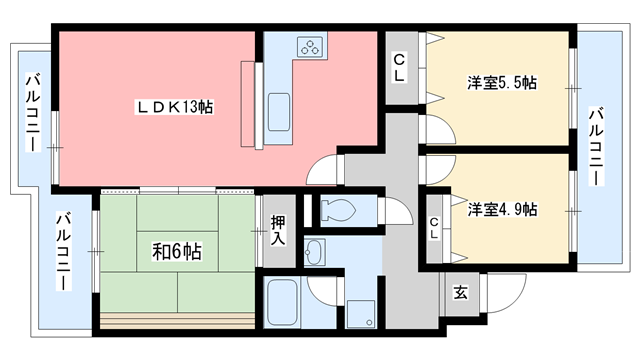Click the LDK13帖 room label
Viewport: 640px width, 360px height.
click(x=174, y=107)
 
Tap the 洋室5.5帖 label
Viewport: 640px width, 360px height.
click(x=502, y=83)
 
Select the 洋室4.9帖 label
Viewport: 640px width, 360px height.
click(x=502, y=209)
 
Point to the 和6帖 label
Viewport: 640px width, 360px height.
click(x=177, y=251)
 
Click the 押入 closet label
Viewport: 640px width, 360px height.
click(x=278, y=231)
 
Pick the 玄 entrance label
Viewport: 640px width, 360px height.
click(x=461, y=293)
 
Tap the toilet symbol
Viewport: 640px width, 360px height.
click(x=338, y=210)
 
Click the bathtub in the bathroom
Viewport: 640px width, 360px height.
click(x=282, y=302)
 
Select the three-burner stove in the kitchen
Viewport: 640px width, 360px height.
click(x=310, y=47)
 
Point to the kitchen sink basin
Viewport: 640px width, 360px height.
click(x=279, y=112)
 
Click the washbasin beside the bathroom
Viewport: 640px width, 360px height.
click(x=314, y=252)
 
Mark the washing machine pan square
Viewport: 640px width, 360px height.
click(x=360, y=314)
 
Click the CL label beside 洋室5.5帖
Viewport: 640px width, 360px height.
click(x=399, y=68)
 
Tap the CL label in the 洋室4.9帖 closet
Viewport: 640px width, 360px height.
click(x=434, y=228)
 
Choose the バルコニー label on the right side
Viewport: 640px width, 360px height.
click(x=596, y=146)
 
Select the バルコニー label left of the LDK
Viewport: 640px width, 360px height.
click(x=33, y=112)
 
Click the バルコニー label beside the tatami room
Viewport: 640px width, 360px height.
click(x=64, y=251)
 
